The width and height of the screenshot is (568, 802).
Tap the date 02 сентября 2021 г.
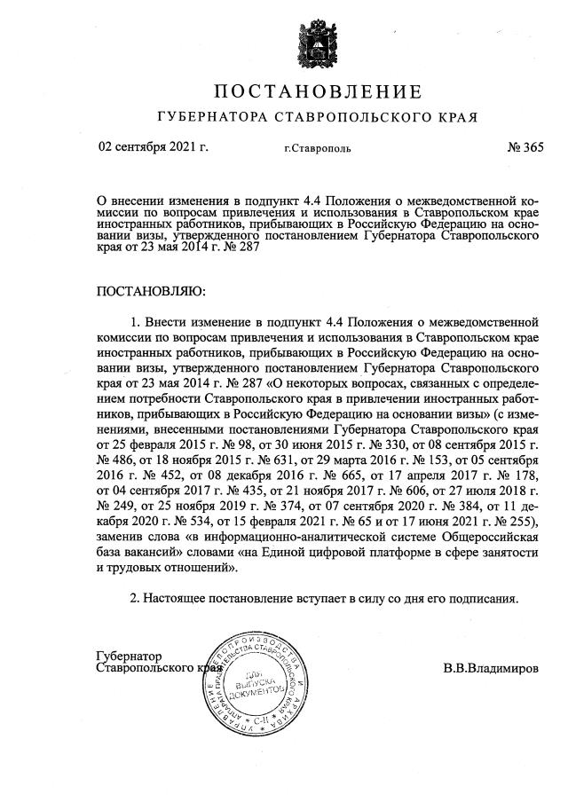click(153, 147)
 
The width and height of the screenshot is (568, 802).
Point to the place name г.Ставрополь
click(317, 148)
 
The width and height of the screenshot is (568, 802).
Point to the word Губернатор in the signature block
click(130, 656)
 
